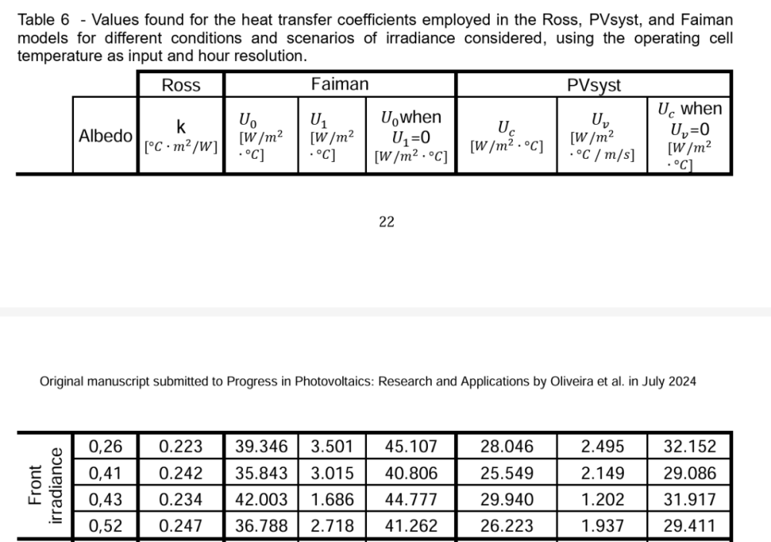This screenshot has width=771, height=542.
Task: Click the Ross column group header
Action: pyautogui.click(x=181, y=85)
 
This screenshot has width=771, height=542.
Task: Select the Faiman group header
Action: pyautogui.click(x=339, y=84)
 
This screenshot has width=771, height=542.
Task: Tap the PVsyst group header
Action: pyautogui.click(x=594, y=85)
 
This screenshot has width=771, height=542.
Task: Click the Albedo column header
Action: pyautogui.click(x=106, y=136)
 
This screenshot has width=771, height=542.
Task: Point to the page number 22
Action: pyautogui.click(x=386, y=222)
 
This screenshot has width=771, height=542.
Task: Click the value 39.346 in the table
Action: pyautogui.click(x=261, y=446)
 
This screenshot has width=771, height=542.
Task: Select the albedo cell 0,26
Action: pyautogui.click(x=105, y=446)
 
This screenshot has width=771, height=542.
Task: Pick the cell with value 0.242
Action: pyautogui.click(x=181, y=473)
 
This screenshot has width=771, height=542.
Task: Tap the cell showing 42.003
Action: pyautogui.click(x=261, y=500)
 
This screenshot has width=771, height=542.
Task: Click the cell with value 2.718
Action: pyautogui.click(x=332, y=527)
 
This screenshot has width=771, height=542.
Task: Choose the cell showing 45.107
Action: pyautogui.click(x=411, y=446)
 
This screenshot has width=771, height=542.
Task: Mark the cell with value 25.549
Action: pyautogui.click(x=507, y=473)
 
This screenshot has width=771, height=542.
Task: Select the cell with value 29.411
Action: pyautogui.click(x=690, y=527)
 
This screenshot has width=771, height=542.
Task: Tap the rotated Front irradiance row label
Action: pyautogui.click(x=45, y=486)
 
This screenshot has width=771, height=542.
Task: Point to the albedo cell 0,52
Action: pyautogui.click(x=105, y=527)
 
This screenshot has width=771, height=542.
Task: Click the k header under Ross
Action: pyautogui.click(x=181, y=127)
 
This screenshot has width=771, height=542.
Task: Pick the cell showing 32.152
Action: pyautogui.click(x=690, y=446)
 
